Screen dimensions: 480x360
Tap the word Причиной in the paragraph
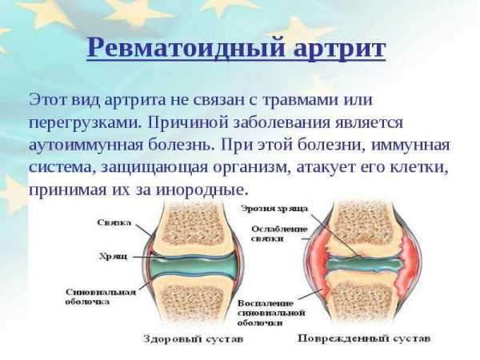tap(188, 122)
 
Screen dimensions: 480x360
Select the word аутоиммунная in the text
tap(86, 145)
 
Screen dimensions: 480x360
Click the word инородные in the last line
tap(201, 190)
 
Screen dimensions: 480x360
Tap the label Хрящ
tap(114, 256)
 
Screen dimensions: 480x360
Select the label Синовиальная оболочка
tap(101, 297)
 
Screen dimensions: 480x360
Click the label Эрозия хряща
tap(274, 209)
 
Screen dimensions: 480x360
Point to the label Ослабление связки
tap(279, 234)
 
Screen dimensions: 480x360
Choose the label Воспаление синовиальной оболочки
tap(271, 313)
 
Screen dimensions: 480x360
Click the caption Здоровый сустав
tap(193, 339)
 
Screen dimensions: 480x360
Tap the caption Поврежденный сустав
tap(364, 338)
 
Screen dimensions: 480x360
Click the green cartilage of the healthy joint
tap(193, 266)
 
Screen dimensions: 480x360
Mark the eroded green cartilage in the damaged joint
tap(364, 264)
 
